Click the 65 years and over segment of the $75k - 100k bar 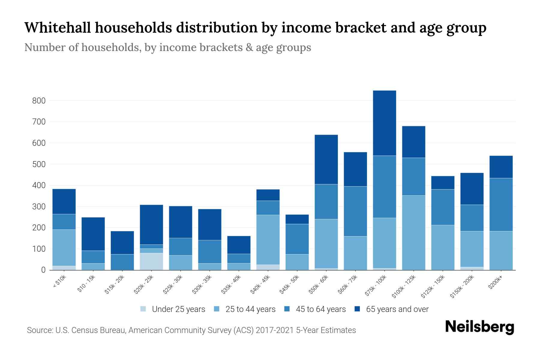[384, 123]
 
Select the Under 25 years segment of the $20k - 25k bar [151, 261]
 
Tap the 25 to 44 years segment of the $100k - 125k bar [413, 232]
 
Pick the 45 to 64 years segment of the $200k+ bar [501, 205]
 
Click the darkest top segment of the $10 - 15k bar [93, 234]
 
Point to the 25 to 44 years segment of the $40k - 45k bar [268, 239]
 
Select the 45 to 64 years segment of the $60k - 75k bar [355, 211]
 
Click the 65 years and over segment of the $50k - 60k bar [326, 159]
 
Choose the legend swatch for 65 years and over [357, 309]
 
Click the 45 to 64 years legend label [321, 309]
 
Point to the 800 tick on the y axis [39, 101]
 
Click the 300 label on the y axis [39, 207]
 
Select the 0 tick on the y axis [43, 270]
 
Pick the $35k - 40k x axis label [231, 284]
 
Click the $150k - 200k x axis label [462, 286]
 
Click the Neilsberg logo [480, 327]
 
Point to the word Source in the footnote [39, 330]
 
